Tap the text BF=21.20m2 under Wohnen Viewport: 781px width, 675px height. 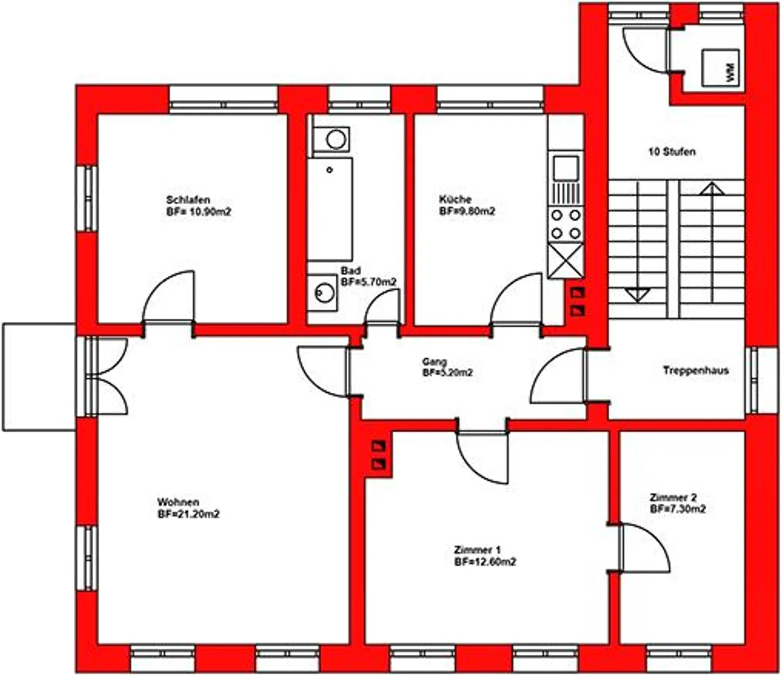(188, 514)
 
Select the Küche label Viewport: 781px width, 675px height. (455, 199)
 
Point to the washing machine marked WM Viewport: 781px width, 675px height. (720, 67)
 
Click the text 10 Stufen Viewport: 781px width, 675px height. (671, 152)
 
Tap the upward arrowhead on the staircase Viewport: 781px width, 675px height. (712, 189)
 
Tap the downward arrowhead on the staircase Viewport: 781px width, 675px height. (637, 295)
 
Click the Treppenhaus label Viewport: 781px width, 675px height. (695, 371)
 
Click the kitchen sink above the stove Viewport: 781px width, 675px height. (566, 168)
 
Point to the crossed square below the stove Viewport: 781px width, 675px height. (566, 261)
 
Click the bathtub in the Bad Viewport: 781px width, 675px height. (330, 209)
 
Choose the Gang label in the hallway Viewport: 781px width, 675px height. (434, 361)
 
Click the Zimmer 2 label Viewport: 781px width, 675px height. (673, 498)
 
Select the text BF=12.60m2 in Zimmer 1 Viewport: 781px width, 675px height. (485, 562)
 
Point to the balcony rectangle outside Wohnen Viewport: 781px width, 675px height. (39, 377)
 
